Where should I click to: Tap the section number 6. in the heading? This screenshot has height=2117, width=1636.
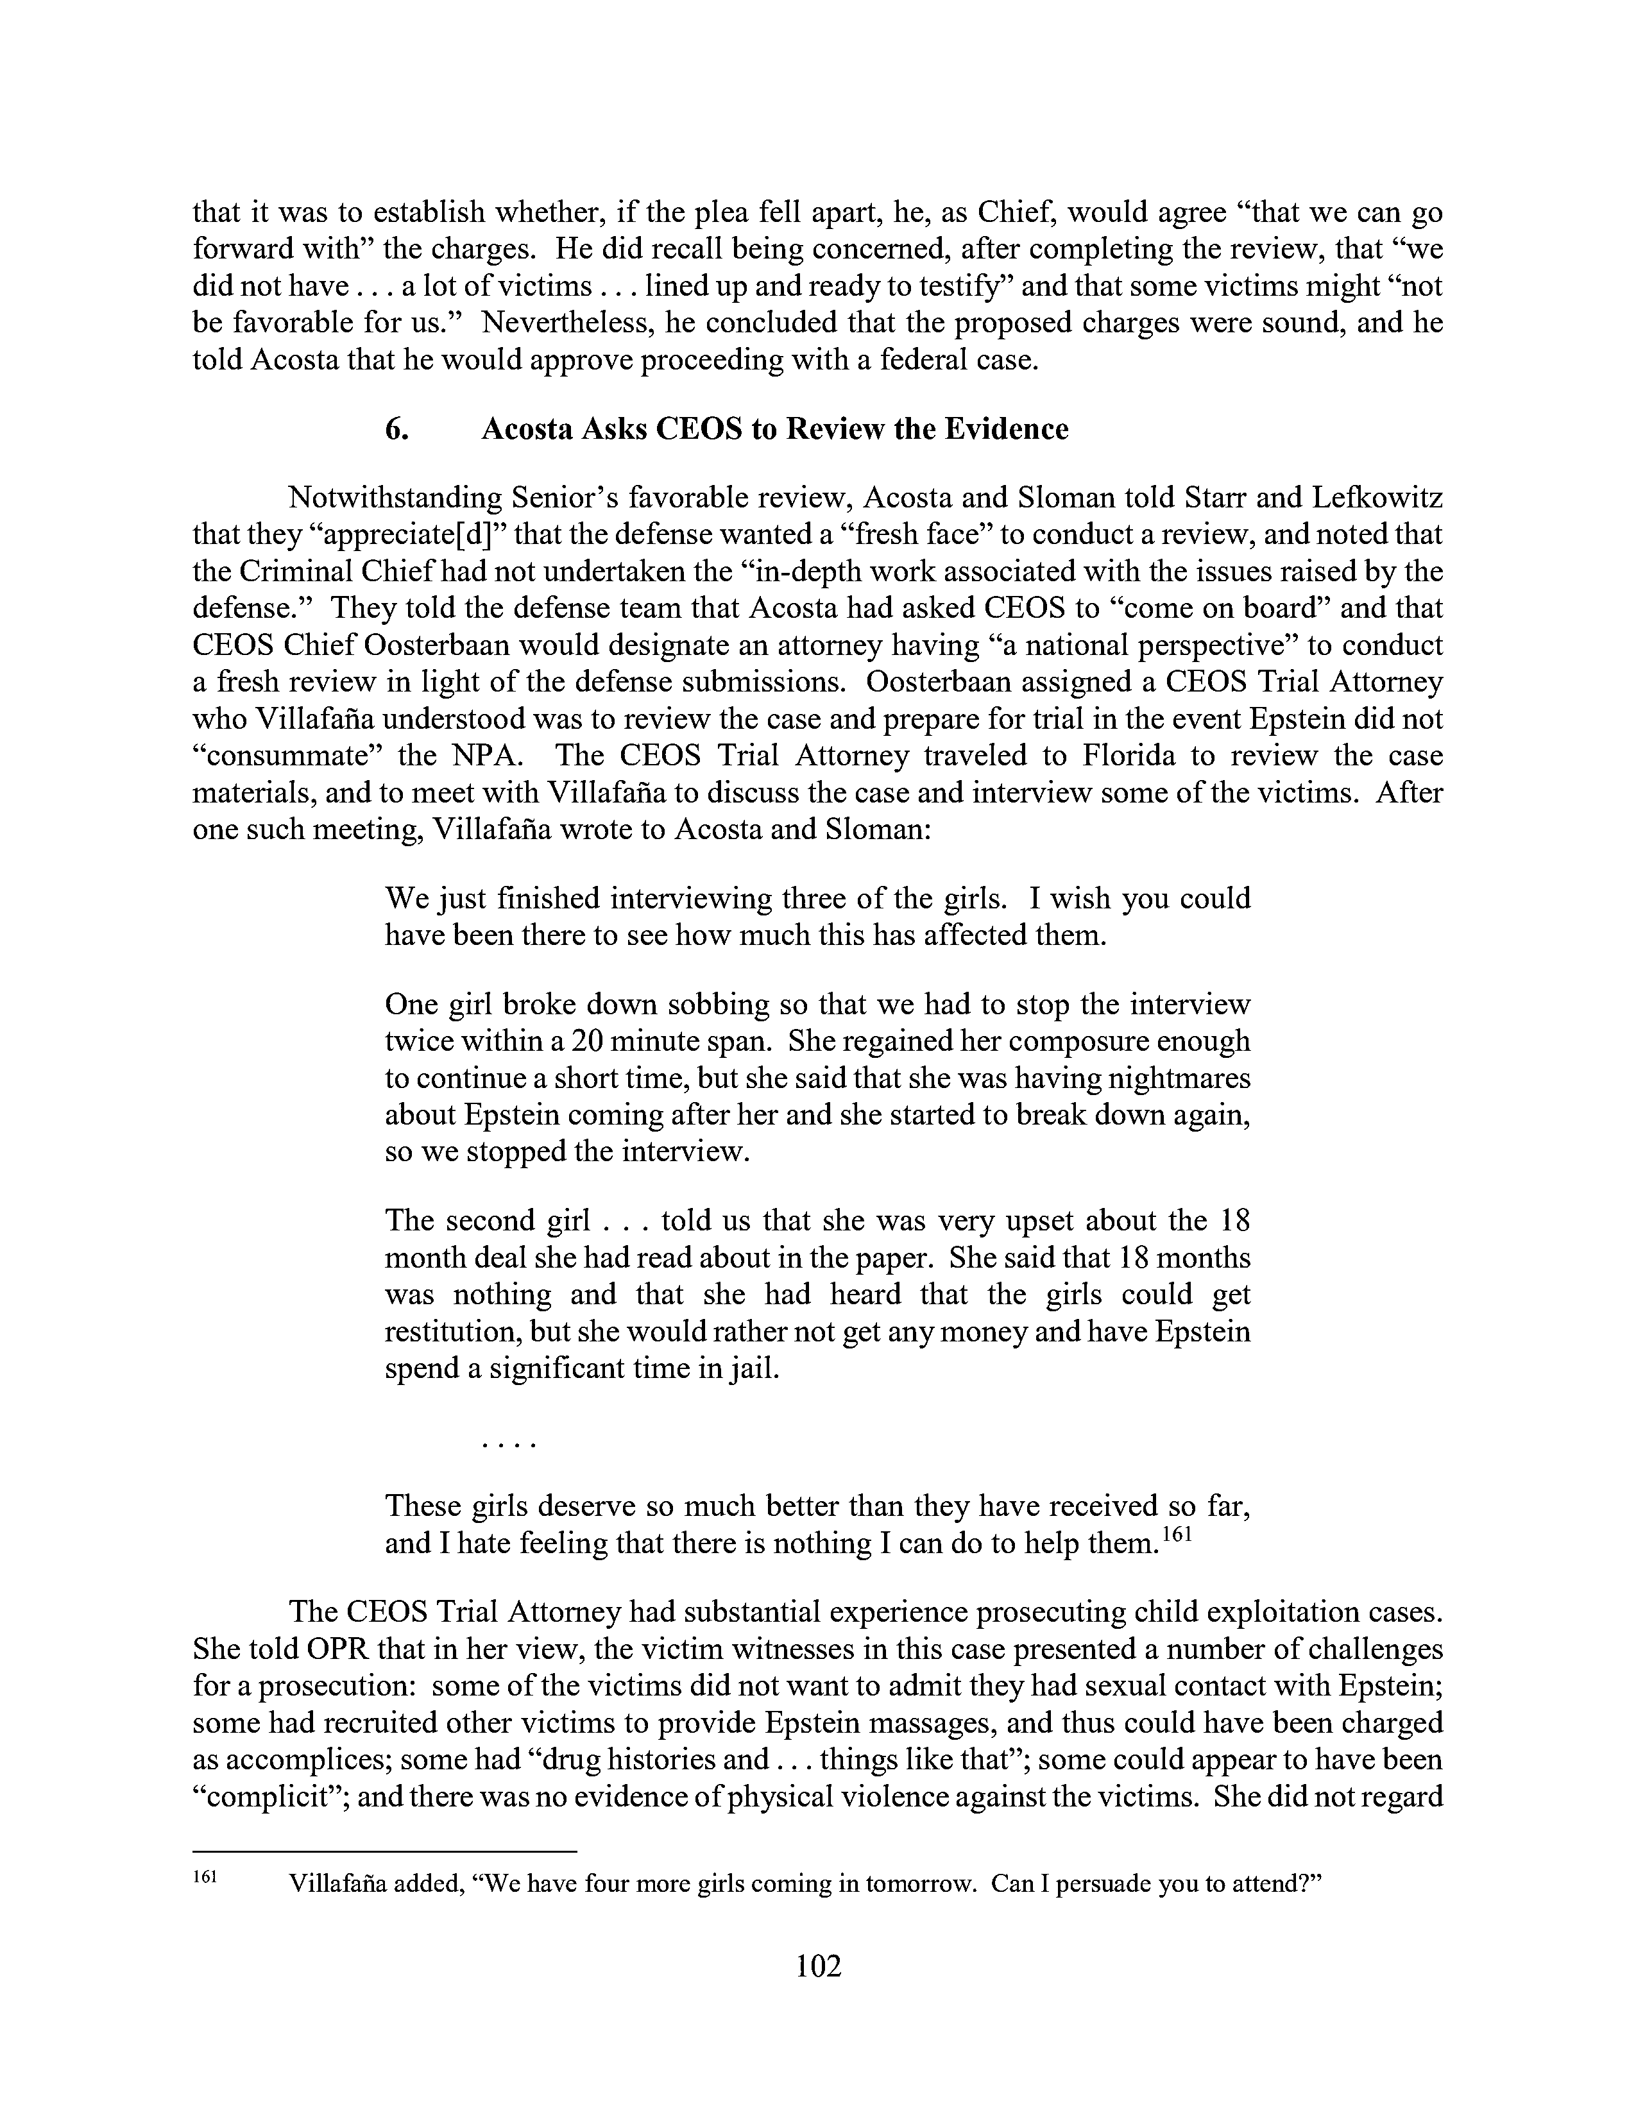click(x=397, y=429)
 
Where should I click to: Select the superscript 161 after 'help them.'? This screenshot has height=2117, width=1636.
click(x=1173, y=1533)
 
